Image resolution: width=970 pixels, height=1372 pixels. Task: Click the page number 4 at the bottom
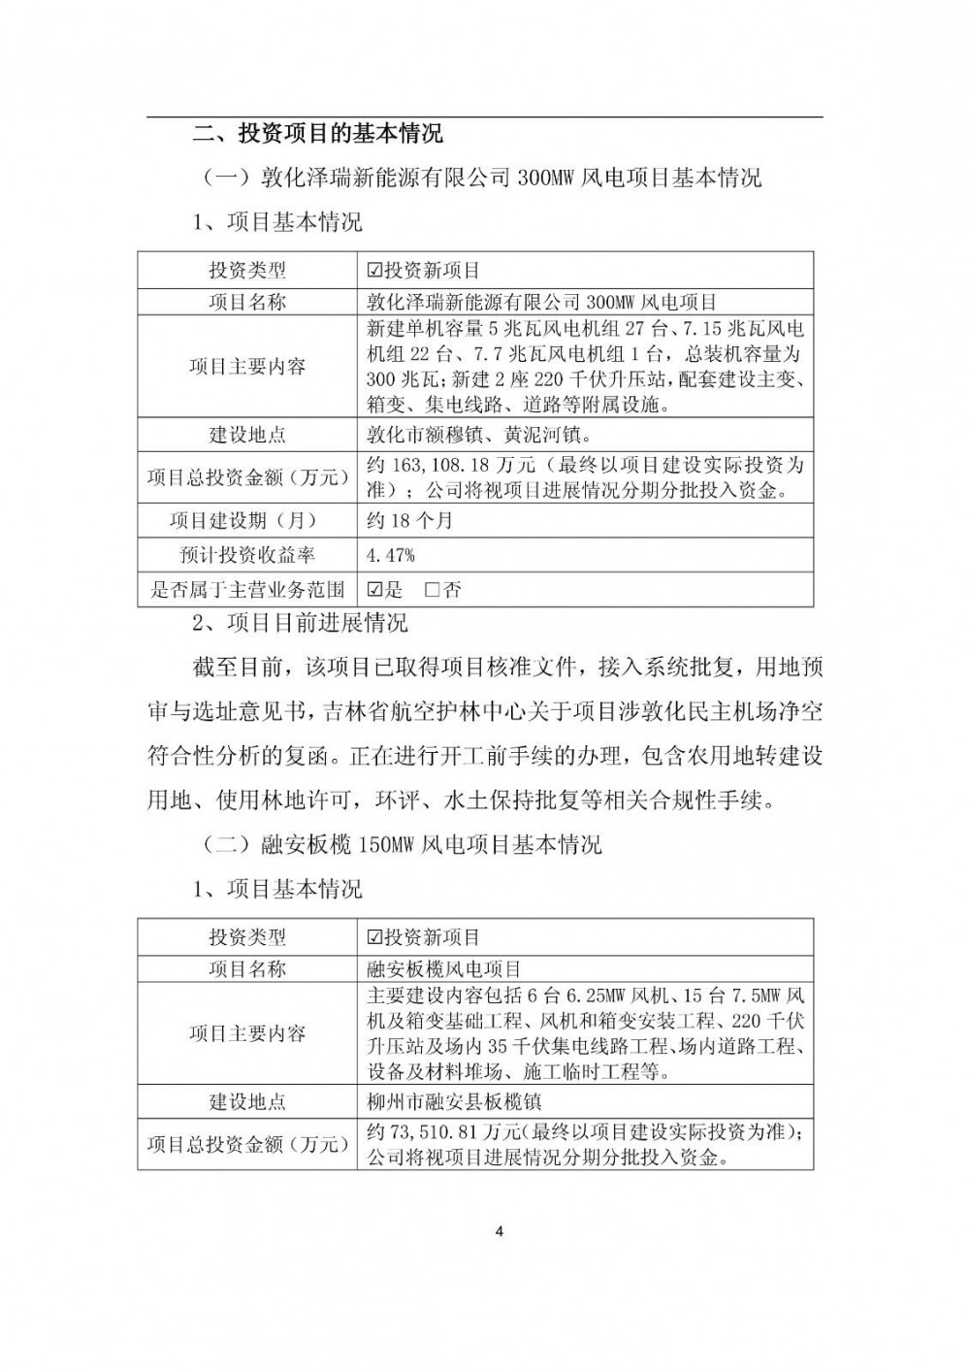(499, 1232)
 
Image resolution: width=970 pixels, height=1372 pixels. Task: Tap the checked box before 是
(375, 589)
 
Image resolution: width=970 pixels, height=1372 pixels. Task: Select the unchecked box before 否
(433, 589)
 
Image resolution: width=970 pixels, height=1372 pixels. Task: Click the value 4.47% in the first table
(391, 555)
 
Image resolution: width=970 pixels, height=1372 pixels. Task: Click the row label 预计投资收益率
(247, 555)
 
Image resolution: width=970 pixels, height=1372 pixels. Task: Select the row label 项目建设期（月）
(247, 520)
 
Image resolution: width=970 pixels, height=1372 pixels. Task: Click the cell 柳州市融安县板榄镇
(450, 1101)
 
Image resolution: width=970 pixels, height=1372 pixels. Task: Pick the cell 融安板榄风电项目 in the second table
(439, 968)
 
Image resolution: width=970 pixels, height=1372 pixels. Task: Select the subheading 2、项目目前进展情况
(301, 622)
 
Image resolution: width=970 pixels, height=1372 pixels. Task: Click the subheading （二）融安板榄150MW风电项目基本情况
(402, 844)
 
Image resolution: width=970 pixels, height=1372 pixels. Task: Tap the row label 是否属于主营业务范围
(247, 589)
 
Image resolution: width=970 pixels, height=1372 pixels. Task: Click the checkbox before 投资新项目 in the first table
(375, 271)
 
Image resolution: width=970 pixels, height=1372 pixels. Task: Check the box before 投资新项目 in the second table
(375, 937)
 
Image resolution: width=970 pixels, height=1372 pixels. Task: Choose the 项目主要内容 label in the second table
(247, 1033)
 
